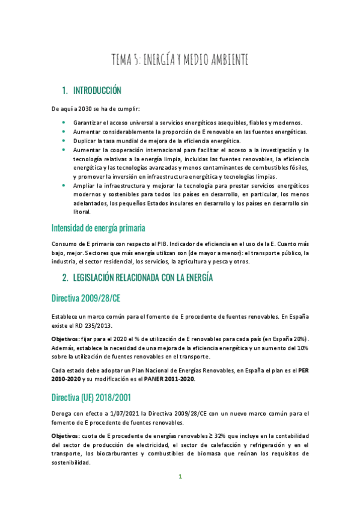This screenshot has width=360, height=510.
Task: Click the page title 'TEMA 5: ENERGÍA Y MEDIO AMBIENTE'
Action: coord(180,60)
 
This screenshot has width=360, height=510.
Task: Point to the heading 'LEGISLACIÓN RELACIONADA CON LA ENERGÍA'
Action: coord(142,277)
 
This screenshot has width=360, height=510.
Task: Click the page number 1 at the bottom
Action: coord(180,477)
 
